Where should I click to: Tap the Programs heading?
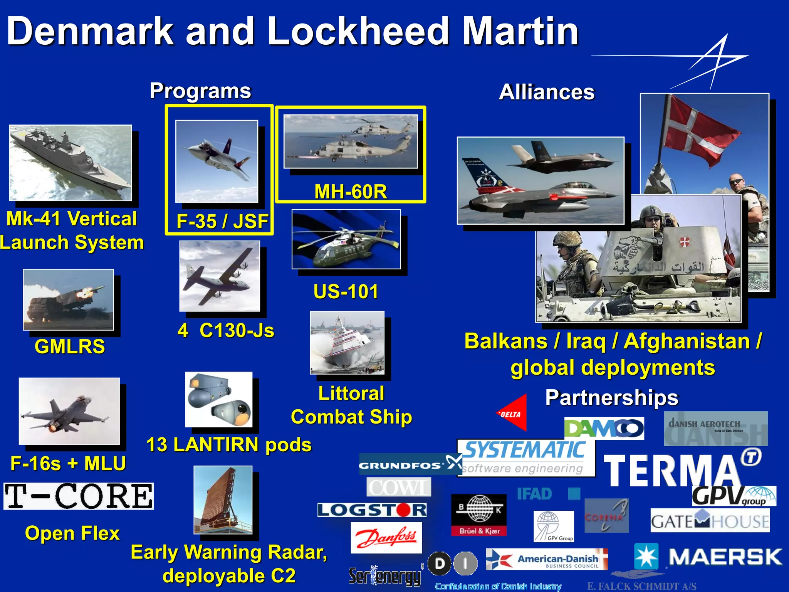[200, 91]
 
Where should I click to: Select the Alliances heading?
[547, 92]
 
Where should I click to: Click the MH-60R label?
[350, 191]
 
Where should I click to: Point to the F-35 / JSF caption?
[222, 221]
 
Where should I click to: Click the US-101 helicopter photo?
[346, 239]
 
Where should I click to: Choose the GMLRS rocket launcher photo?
[69, 299]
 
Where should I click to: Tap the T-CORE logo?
[79, 496]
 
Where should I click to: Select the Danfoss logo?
[386, 537]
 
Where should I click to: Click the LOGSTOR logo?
[372, 510]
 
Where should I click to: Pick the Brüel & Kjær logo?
[479, 515]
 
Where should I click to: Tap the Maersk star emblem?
[646, 556]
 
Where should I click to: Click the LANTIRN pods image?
[219, 399]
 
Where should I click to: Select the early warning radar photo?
[223, 500]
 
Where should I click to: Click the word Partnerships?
[611, 397]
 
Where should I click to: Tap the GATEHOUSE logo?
[710, 521]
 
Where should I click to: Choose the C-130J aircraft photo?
[220, 276]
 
